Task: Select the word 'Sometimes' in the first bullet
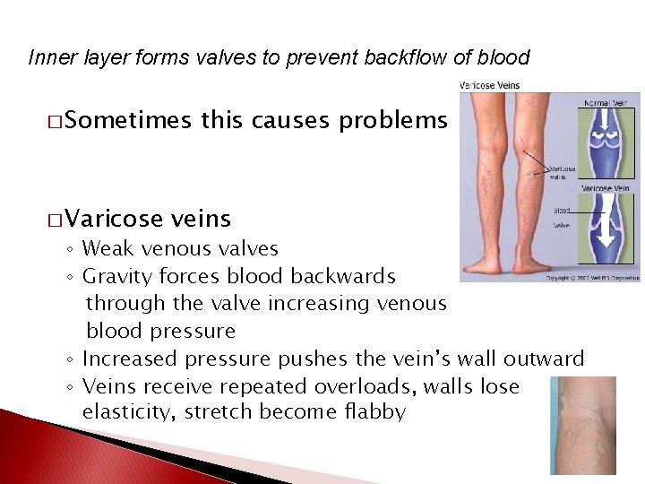126,121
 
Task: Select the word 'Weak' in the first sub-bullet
106,248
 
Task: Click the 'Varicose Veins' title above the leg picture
489,86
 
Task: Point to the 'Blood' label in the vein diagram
563,212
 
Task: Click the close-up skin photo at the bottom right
583,425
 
